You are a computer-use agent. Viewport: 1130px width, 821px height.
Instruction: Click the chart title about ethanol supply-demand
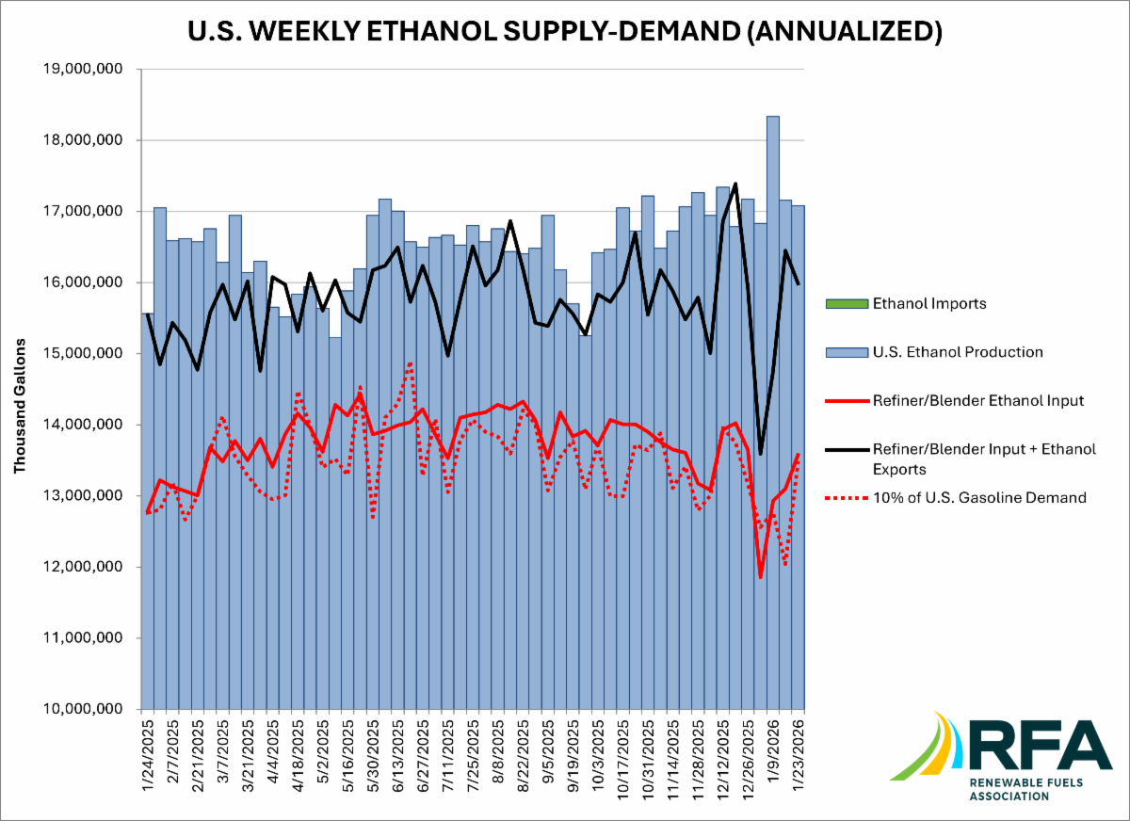565,30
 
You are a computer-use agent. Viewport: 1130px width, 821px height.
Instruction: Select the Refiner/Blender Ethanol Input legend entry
978,401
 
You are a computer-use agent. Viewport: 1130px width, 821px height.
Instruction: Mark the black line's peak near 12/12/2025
734,185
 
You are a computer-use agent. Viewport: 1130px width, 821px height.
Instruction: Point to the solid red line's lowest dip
760,576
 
